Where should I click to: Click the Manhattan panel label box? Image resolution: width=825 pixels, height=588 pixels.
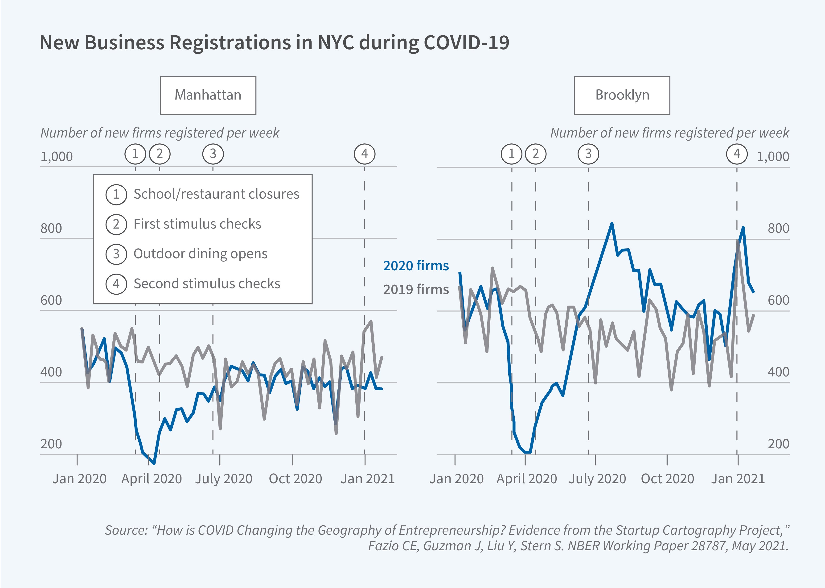[208, 95]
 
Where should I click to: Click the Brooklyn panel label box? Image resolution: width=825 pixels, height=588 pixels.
[622, 95]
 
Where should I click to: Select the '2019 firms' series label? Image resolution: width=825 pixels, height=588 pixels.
[416, 289]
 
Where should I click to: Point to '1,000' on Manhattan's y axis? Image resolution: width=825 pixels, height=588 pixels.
[56, 157]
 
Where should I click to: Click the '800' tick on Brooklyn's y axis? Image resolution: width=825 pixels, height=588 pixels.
[778, 229]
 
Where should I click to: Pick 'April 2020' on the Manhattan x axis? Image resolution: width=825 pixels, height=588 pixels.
[151, 479]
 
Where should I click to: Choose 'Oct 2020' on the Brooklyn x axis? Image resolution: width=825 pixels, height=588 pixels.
[667, 479]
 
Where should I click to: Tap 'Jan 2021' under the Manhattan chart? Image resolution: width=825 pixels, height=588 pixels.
[367, 479]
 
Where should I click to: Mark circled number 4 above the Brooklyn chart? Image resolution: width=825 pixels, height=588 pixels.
[737, 154]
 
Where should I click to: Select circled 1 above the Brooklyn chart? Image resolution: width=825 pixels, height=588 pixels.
[511, 154]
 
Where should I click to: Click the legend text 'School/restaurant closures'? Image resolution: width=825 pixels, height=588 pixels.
[216, 194]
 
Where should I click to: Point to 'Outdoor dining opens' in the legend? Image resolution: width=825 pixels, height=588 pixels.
[200, 254]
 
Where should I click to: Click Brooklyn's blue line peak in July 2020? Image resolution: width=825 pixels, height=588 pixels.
[612, 223]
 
